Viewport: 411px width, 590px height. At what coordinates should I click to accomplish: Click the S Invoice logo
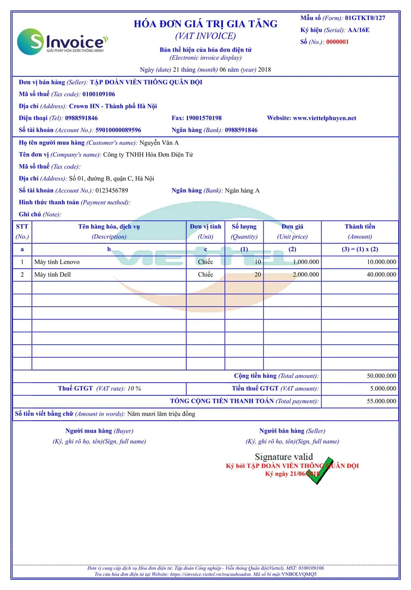tap(62, 42)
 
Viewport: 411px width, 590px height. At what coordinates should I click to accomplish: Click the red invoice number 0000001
tap(337, 42)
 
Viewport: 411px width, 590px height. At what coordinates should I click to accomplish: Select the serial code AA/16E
tap(358, 30)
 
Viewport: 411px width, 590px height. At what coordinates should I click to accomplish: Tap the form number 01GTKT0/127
tap(365, 18)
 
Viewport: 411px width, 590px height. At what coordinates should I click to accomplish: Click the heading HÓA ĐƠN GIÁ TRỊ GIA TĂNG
tap(205, 24)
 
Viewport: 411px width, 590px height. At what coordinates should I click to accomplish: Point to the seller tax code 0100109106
tap(99, 94)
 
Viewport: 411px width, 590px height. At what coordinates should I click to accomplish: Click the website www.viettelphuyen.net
tap(324, 118)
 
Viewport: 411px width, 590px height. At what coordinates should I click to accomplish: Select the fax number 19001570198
tap(203, 118)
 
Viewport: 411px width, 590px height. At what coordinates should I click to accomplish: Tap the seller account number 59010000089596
tap(118, 130)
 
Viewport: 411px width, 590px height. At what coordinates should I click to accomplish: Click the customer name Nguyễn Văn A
tap(159, 143)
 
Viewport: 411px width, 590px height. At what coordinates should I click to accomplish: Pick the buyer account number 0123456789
tap(112, 190)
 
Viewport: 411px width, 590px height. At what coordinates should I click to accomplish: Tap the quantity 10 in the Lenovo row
tap(258, 262)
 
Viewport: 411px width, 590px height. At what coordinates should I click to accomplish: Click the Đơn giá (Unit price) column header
tap(292, 231)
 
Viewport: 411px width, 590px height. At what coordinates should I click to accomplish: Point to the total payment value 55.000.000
tap(381, 401)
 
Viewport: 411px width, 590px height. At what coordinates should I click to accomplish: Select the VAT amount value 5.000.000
tap(383, 389)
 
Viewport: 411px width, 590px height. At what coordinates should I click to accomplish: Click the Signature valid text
tap(284, 457)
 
